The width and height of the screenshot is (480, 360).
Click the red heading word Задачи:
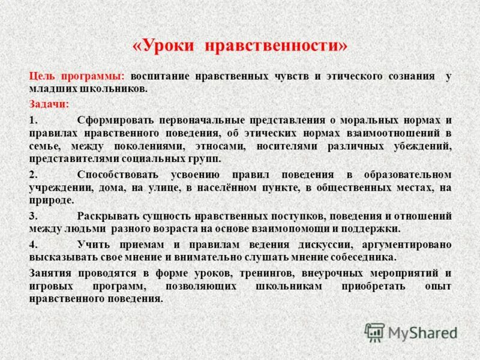click(49, 104)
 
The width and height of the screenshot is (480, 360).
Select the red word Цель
click(41, 76)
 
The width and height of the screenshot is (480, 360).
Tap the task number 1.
click(32, 120)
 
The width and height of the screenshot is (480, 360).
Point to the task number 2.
click(32, 175)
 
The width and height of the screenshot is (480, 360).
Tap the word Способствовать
click(118, 175)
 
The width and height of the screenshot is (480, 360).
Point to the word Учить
click(92, 244)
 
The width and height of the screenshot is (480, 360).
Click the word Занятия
click(51, 273)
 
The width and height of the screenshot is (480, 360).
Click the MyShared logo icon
click(374, 332)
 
